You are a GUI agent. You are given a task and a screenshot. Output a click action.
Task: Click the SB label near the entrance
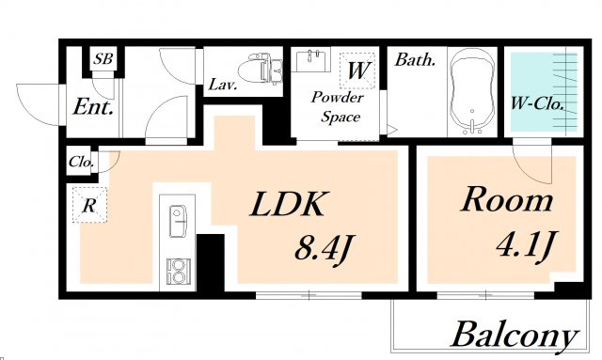[103, 58]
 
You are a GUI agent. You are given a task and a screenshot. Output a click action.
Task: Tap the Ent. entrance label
[93, 106]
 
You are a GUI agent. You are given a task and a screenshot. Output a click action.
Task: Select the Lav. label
[222, 85]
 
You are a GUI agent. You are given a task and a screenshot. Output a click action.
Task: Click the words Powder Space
[338, 107]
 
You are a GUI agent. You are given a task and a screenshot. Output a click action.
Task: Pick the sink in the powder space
[313, 60]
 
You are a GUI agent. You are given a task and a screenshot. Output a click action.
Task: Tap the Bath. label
[416, 60]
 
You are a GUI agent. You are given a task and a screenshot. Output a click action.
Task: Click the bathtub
[472, 91]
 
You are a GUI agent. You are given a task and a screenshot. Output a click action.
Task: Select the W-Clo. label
[537, 103]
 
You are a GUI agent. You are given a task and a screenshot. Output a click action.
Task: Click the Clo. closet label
[81, 162]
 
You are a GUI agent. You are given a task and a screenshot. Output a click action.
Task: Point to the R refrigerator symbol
[89, 205]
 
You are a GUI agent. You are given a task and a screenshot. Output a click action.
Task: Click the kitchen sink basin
[178, 222]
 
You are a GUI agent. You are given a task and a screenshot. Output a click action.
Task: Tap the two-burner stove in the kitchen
[178, 272]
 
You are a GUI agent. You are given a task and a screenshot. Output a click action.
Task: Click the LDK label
[288, 204]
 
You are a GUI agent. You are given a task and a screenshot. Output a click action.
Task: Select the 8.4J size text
[323, 248]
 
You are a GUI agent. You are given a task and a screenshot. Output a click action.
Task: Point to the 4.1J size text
[525, 245]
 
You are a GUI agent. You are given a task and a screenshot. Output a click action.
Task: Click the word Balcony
[515, 335]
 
